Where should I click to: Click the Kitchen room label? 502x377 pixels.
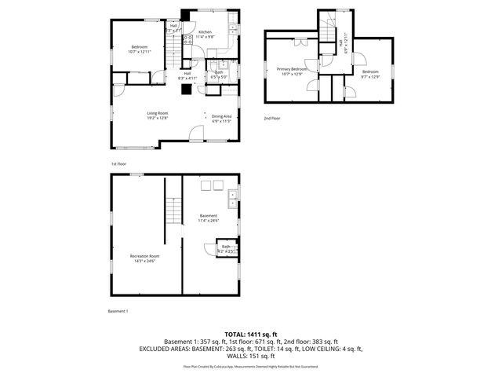(204, 32)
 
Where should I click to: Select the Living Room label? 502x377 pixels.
(158, 114)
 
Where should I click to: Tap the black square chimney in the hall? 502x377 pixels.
(185, 88)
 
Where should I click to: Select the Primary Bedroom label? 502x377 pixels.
(292, 69)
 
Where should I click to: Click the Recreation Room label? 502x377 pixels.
(144, 256)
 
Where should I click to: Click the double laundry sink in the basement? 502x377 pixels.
(232, 200)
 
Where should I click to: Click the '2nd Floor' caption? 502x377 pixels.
(271, 118)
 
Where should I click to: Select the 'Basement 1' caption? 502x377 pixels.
(118, 311)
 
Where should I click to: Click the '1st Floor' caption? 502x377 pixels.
(118, 163)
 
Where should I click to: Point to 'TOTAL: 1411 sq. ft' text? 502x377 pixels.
(251, 335)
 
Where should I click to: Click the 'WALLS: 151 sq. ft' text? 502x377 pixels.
(251, 356)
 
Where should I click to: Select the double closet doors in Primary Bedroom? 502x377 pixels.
(311, 65)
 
